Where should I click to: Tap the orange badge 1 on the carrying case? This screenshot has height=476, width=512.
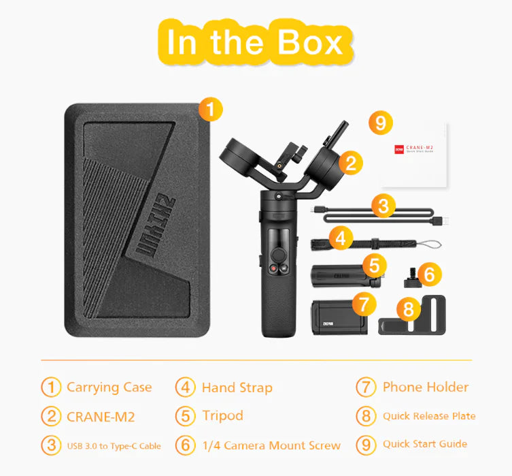pos(211,108)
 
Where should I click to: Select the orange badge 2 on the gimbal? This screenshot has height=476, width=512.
pos(351,162)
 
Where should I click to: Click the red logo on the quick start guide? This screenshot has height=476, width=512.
pos(400,148)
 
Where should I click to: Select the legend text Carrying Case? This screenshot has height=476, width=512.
pos(109,387)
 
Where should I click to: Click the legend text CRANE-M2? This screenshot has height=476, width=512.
pos(101,416)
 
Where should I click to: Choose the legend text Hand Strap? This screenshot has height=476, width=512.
pos(237,388)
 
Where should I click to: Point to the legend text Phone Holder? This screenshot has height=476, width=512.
pos(425,387)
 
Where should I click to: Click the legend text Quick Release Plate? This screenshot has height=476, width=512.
pos(428,416)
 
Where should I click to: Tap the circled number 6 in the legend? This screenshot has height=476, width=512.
pos(185,445)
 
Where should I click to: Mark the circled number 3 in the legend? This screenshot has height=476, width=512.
pos(51,445)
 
